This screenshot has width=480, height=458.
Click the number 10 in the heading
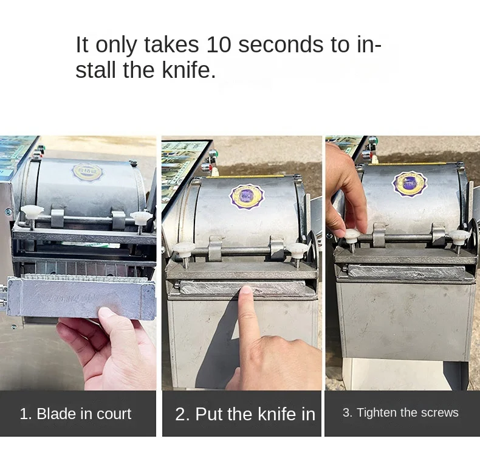point(219,44)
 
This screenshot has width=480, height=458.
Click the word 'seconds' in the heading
point(281,44)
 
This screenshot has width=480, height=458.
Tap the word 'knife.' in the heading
point(188,70)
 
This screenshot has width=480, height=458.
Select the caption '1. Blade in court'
point(75,414)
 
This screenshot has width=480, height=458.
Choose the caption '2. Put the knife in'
point(245,414)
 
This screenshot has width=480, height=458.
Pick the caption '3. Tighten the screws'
point(400,412)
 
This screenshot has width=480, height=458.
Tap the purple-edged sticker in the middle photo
point(247,196)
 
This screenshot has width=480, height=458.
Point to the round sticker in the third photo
point(410,184)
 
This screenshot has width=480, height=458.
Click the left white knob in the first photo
point(32,211)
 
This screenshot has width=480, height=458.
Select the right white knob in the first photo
point(141,217)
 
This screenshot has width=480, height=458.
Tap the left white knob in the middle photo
point(183,248)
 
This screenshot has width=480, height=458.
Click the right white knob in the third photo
point(459,236)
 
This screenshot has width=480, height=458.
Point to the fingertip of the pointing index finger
point(245,290)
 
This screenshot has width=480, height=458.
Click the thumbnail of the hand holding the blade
point(106,313)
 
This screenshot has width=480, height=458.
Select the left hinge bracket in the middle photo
point(215,249)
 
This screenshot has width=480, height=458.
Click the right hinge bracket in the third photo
point(438,235)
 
